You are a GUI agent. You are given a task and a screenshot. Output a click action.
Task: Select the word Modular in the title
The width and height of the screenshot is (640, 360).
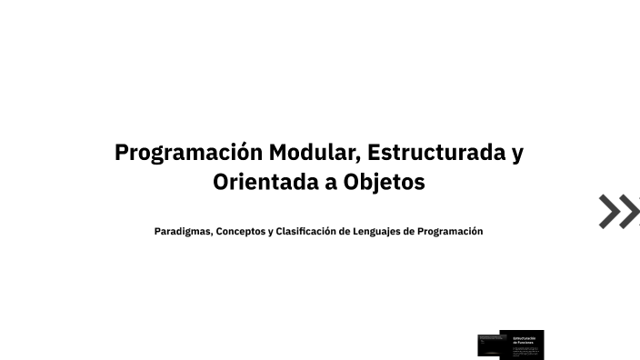tap(313, 152)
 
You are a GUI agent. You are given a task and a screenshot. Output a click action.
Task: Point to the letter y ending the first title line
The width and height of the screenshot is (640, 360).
tap(517, 154)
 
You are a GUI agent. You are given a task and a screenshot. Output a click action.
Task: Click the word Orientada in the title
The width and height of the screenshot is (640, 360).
tap(264, 182)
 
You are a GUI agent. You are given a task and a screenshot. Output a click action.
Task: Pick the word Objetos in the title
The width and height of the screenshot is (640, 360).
tap(385, 182)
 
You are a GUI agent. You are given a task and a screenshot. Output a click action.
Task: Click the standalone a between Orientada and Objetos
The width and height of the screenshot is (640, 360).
tap(329, 183)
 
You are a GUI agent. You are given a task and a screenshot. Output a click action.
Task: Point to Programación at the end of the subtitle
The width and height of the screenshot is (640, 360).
tap(450, 231)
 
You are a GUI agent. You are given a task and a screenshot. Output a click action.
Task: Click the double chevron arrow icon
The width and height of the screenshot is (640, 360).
tap(619, 211)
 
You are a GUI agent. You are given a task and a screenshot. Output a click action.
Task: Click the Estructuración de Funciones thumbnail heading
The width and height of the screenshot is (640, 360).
tap(525, 339)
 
